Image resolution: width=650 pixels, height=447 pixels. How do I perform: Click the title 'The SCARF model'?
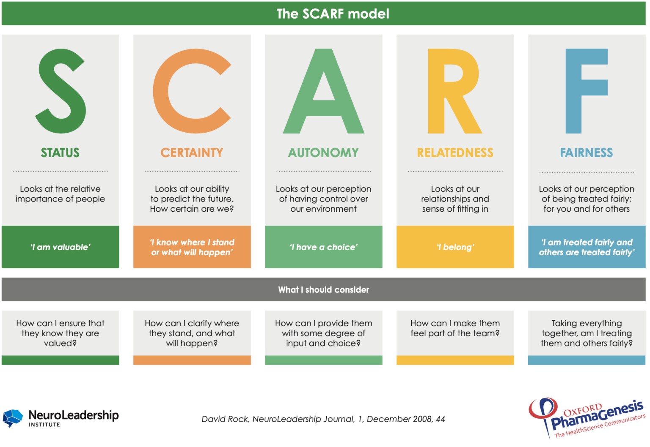click(x=333, y=14)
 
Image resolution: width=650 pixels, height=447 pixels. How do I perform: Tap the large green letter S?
click(x=61, y=90)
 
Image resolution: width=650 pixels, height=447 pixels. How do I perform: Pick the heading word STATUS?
click(x=60, y=153)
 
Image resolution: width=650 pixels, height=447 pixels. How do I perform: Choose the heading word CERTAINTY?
click(x=192, y=153)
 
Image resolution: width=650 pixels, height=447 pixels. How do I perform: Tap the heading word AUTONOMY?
click(x=323, y=153)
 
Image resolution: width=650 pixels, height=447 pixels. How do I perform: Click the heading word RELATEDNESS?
click(x=455, y=153)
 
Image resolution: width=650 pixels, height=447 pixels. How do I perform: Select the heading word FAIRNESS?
click(x=587, y=153)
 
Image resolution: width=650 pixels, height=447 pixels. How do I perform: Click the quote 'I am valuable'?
click(x=61, y=247)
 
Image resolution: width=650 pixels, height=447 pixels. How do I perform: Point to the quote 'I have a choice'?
click(x=324, y=247)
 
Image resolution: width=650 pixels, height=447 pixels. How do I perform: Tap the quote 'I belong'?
click(x=455, y=247)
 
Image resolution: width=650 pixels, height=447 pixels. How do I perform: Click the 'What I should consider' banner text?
click(x=324, y=290)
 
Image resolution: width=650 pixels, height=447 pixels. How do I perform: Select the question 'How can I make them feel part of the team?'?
click(x=455, y=328)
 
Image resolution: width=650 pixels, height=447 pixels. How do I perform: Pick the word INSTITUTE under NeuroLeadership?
click(x=44, y=425)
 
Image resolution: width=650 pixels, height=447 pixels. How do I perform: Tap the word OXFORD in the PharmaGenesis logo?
click(x=583, y=410)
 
